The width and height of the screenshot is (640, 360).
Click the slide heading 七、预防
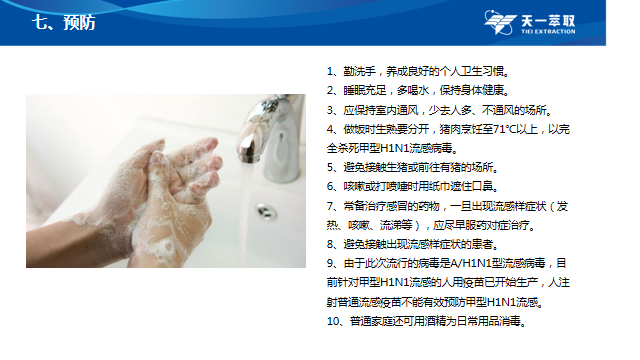(63, 22)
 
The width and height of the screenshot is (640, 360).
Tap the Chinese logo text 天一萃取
(548, 20)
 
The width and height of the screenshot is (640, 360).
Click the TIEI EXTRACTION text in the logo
(548, 31)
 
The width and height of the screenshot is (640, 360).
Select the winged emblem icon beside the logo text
(500, 22)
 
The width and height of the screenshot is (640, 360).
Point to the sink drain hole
(266, 211)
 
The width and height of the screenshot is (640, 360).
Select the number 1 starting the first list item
(330, 72)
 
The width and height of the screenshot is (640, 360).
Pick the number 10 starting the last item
(333, 321)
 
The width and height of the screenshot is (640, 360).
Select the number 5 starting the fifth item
(330, 167)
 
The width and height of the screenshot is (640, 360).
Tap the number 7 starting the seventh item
(330, 206)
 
